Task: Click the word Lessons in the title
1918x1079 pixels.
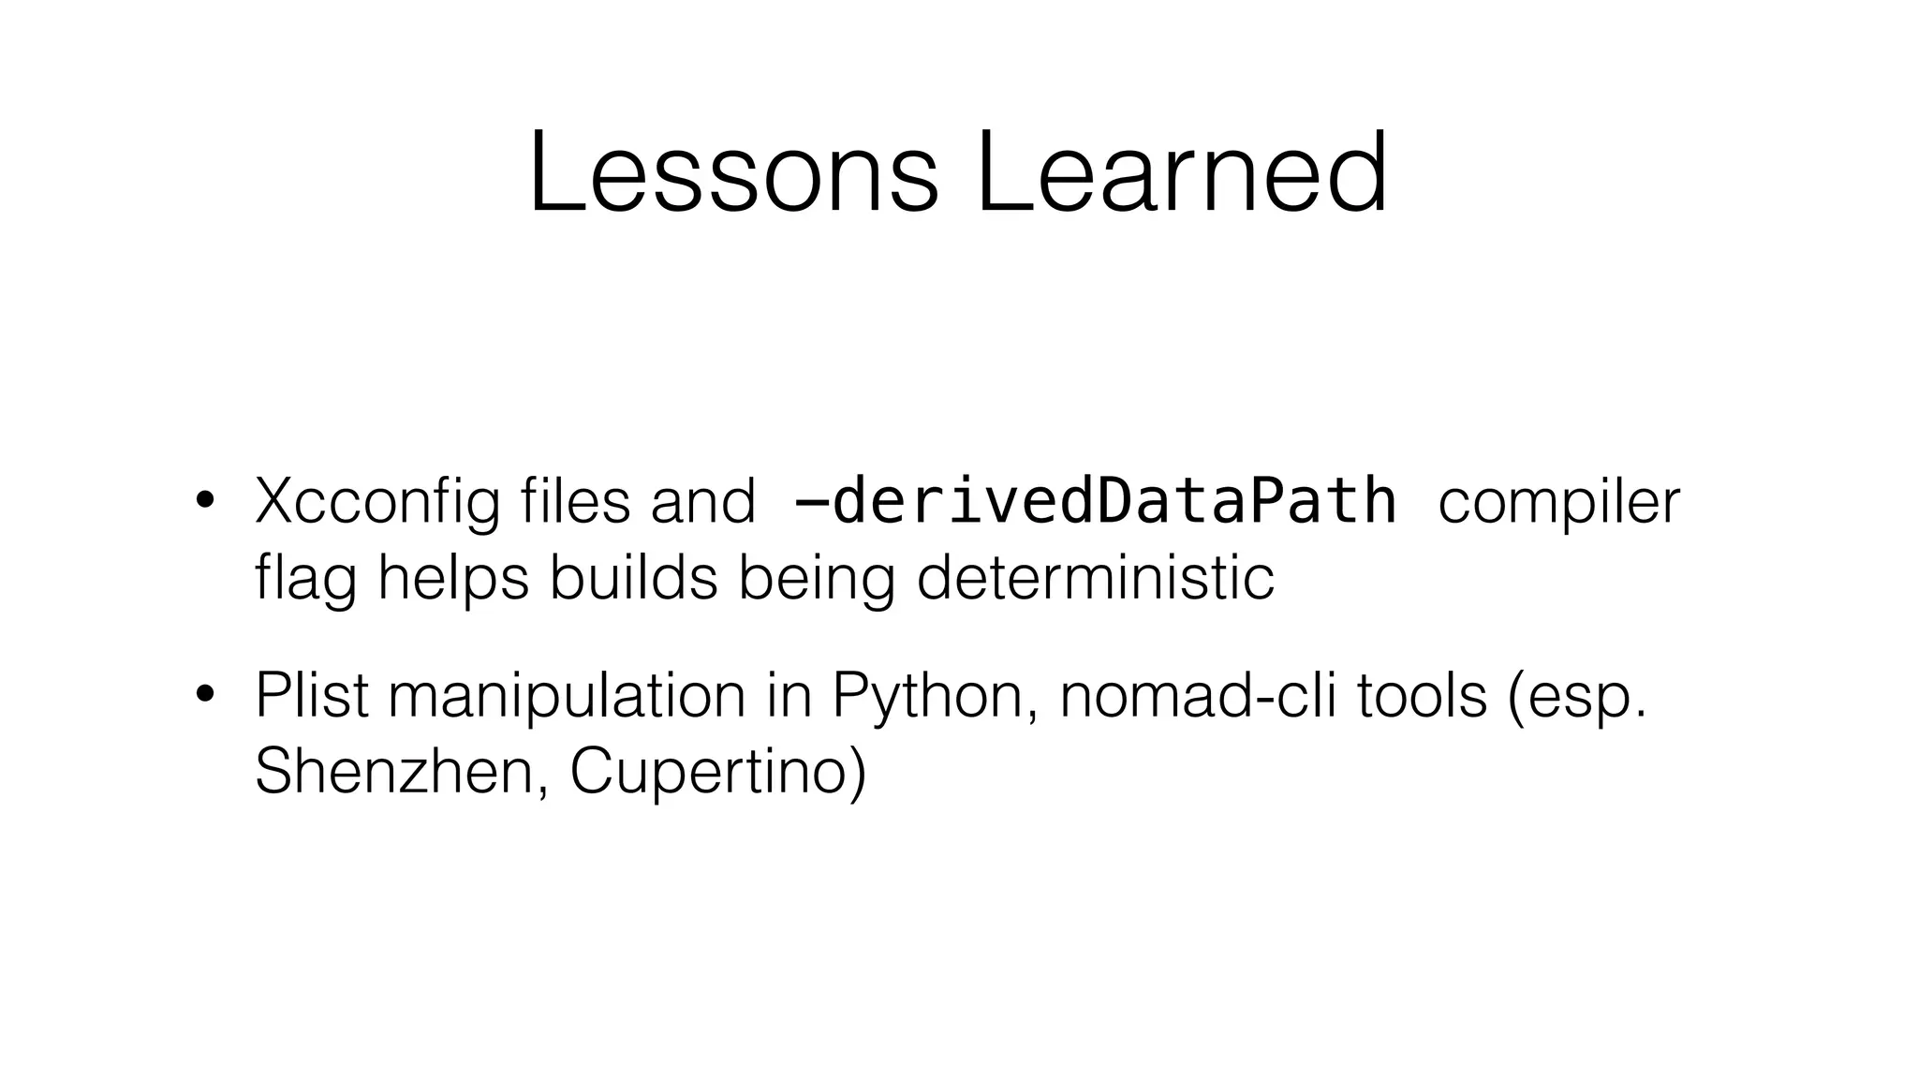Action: coord(732,174)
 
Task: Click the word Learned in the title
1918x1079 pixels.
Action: coord(1181,174)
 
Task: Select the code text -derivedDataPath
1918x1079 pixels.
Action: coord(1094,501)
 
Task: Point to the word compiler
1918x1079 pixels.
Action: coord(1559,503)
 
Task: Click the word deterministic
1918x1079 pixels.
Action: coord(1095,578)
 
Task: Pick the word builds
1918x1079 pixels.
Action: coord(633,578)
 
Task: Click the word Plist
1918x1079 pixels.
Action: coord(313,696)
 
